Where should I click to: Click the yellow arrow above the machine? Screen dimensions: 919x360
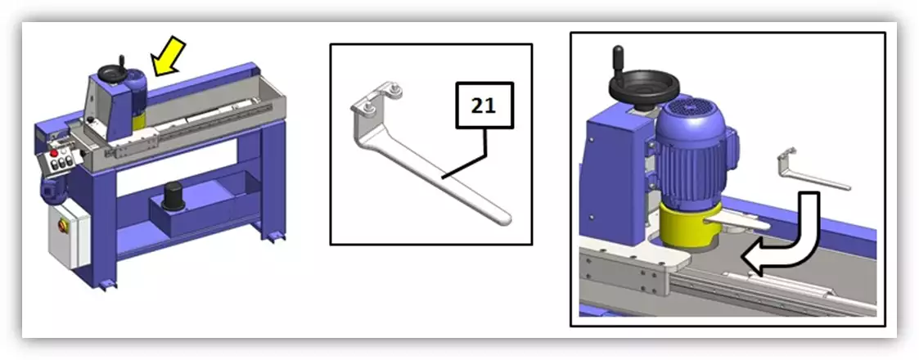[169, 55]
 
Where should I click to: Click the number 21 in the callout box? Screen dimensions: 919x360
[484, 106]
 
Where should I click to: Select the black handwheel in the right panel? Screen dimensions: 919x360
[645, 86]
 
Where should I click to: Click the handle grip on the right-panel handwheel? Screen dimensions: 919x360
[619, 59]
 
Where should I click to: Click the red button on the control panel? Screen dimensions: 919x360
[54, 153]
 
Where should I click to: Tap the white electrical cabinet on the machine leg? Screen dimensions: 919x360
[70, 232]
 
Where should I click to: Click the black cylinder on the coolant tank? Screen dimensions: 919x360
[173, 196]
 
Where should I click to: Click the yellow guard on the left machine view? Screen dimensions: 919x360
[139, 121]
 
